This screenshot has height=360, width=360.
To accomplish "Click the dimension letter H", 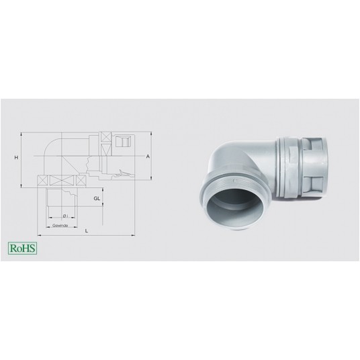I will [x=15, y=156].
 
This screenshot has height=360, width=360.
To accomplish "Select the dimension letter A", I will [x=147, y=156].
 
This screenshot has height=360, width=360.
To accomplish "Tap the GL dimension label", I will [x=97, y=199].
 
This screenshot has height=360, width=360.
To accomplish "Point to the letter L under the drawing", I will [x=87, y=231].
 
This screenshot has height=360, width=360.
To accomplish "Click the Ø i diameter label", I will [x=64, y=215].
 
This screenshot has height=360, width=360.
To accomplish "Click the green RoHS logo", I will [x=22, y=247].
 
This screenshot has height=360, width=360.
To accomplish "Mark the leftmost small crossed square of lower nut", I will [x=43, y=181].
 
